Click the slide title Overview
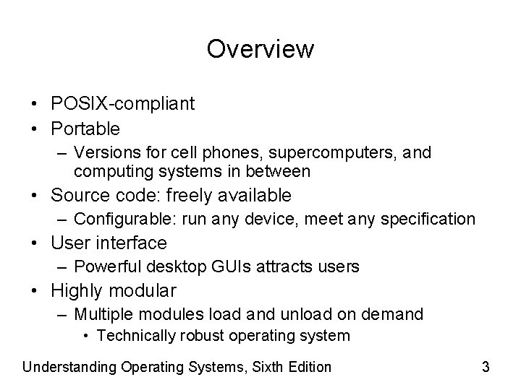point(260,49)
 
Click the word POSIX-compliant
point(122,104)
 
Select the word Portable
point(85,129)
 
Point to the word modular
point(143,291)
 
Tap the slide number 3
point(486,367)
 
